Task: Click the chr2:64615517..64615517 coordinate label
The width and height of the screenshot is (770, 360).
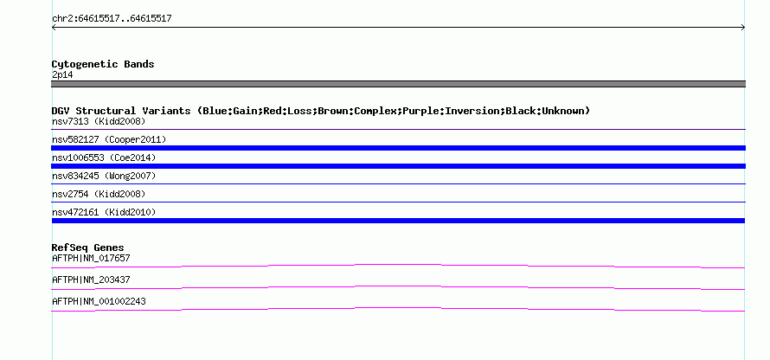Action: [x=112, y=19]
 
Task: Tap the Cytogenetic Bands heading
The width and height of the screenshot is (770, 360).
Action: [x=103, y=64]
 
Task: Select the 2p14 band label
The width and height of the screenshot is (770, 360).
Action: [x=63, y=75]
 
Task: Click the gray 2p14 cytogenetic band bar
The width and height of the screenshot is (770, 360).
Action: [x=398, y=84]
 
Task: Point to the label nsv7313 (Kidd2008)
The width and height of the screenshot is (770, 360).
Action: [x=99, y=121]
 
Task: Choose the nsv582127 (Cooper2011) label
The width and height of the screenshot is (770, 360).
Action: [x=109, y=139]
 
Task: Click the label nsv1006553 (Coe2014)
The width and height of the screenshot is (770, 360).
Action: [x=104, y=157]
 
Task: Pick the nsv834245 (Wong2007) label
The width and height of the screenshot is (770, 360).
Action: [x=104, y=176]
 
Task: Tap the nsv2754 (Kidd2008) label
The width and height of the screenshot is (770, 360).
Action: [x=99, y=194]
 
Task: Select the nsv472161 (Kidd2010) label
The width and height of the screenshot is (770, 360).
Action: [x=104, y=212]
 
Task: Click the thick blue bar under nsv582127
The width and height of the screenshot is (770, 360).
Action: [x=398, y=148]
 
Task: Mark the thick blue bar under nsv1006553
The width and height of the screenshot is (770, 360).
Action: [x=398, y=166]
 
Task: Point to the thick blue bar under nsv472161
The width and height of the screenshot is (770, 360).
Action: [x=398, y=221]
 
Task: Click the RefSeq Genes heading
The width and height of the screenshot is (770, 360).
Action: [x=88, y=247]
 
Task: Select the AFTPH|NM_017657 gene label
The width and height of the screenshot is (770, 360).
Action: [x=91, y=259]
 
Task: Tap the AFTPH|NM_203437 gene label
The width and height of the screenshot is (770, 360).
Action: [x=91, y=280]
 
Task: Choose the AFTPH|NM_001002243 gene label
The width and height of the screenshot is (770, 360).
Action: [x=99, y=301]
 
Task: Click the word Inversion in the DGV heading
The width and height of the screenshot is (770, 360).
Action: [x=472, y=111]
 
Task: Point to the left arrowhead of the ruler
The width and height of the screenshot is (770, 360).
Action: [x=54, y=28]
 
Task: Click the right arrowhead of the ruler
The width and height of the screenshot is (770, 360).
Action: [x=743, y=28]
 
